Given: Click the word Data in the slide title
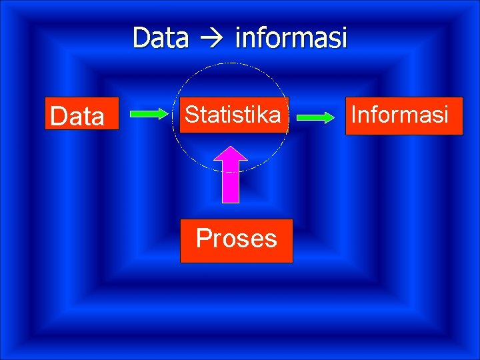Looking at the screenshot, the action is pyautogui.click(x=160, y=38).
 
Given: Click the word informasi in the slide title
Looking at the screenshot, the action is pyautogui.click(x=291, y=38).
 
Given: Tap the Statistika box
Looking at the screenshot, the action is pyautogui.click(x=233, y=115).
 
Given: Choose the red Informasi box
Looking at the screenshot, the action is pyautogui.click(x=404, y=116).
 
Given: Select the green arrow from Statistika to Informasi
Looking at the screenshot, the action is pyautogui.click(x=315, y=118).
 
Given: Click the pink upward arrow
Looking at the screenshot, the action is pyautogui.click(x=229, y=175).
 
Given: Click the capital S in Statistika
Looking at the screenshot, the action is pyautogui.click(x=191, y=115).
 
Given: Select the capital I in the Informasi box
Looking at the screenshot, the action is pyautogui.click(x=354, y=115).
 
